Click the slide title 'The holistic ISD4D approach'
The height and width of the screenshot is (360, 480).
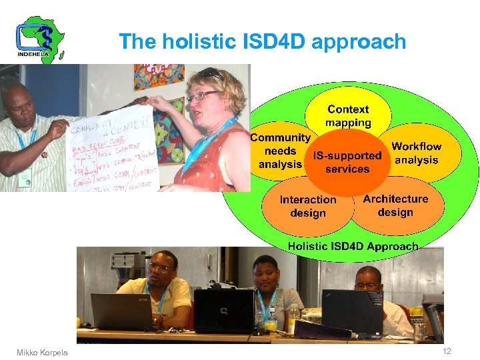coord(262,42)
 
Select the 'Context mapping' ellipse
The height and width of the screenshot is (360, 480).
coord(347,115)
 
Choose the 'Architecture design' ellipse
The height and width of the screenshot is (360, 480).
coord(395,205)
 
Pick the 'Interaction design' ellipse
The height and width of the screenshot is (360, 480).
coord(307,206)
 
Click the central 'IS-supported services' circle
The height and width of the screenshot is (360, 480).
coord(347,162)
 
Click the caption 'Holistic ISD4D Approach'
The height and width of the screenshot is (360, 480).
coord(353,246)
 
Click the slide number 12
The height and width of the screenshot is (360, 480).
coord(445,351)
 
